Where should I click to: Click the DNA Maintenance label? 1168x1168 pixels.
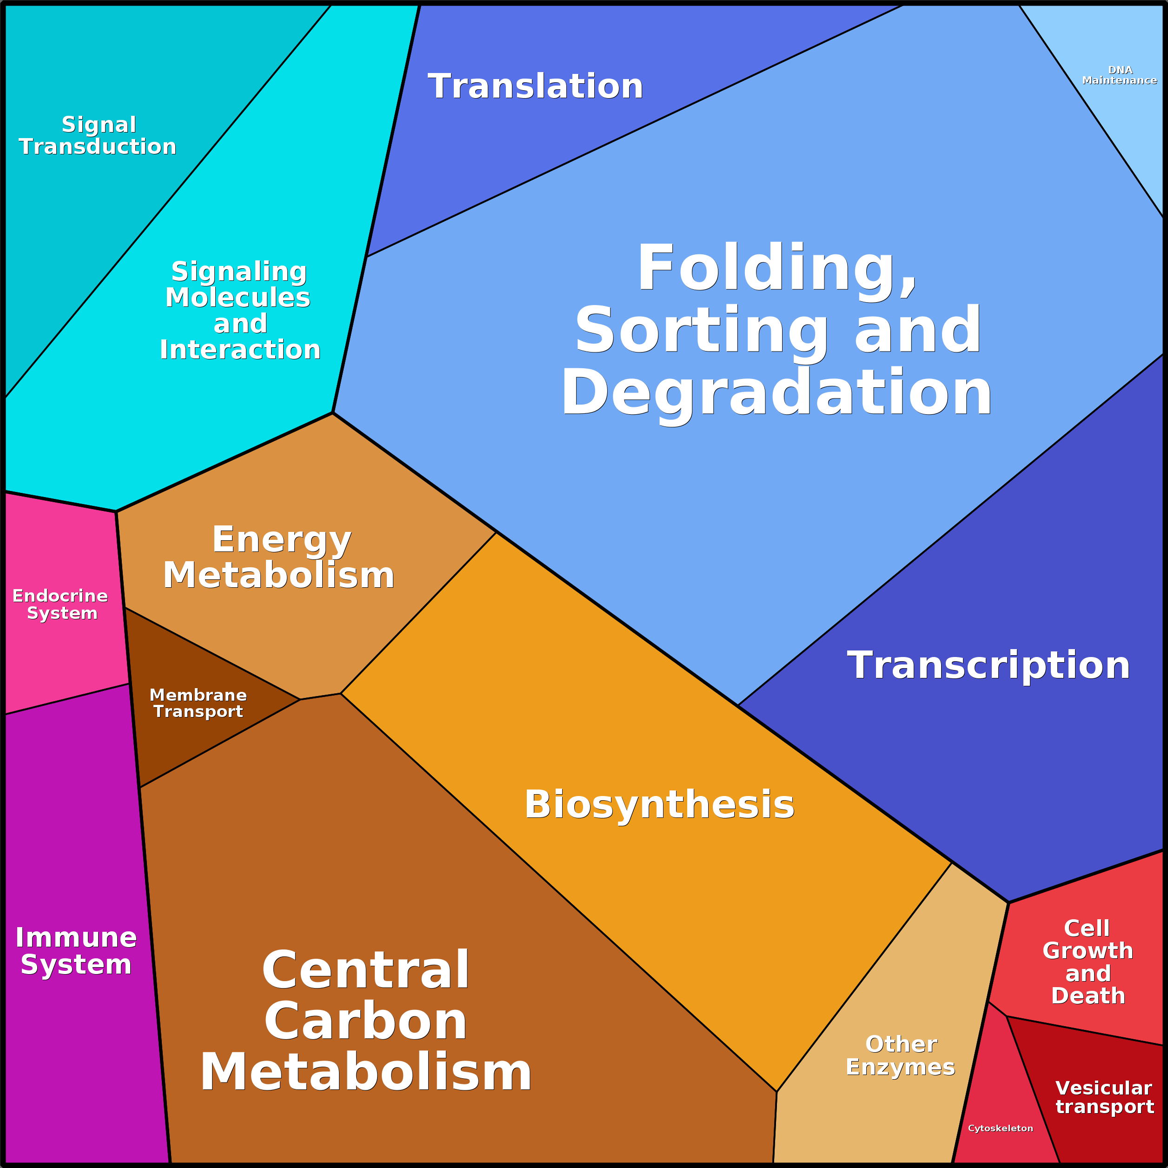click(1119, 75)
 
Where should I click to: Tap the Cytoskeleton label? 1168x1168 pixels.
click(1001, 1128)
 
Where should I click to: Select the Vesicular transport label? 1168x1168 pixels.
click(1104, 1097)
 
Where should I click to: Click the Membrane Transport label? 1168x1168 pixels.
click(198, 703)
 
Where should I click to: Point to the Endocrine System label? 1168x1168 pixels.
click(60, 604)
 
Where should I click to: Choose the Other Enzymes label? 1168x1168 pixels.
click(901, 1055)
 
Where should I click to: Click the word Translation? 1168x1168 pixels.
click(535, 86)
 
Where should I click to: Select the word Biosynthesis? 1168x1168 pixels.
click(659, 805)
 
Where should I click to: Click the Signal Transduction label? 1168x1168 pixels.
click(98, 135)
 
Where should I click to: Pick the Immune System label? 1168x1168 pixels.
click(76, 950)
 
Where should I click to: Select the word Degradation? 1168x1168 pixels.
click(777, 392)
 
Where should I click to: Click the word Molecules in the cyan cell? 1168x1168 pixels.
click(238, 298)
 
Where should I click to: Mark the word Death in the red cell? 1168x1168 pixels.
click(1088, 995)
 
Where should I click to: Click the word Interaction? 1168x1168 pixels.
click(240, 350)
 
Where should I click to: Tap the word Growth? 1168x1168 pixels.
click(1088, 951)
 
